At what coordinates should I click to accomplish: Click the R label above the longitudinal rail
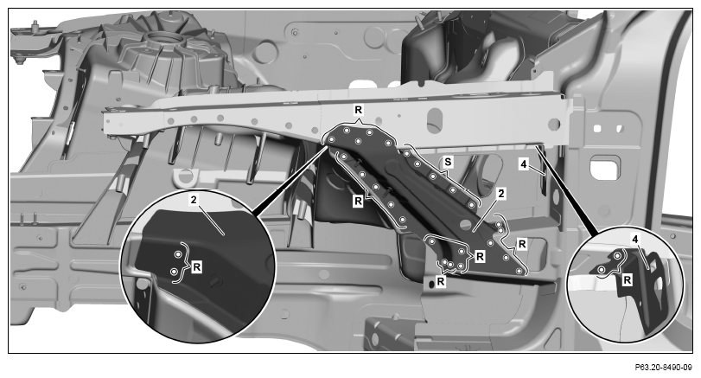359,109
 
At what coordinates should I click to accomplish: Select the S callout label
448,162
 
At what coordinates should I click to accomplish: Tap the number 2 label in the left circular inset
193,200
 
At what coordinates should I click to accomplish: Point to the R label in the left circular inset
196,267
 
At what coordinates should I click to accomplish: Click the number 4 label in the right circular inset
635,240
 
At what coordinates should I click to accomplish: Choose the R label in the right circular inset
628,280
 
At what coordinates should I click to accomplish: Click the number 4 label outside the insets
524,164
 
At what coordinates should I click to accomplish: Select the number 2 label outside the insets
501,194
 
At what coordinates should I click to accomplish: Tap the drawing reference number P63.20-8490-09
664,368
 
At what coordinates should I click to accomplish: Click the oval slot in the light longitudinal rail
434,120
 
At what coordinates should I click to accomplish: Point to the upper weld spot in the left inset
178,254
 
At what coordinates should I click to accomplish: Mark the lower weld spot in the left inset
175,271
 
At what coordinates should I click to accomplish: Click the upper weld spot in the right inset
617,255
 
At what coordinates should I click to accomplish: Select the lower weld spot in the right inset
602,270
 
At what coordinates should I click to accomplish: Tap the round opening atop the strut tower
163,38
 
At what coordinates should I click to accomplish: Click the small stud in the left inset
216,281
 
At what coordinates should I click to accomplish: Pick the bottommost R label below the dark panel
441,281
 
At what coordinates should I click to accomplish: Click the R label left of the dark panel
358,202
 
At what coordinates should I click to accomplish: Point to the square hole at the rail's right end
554,124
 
